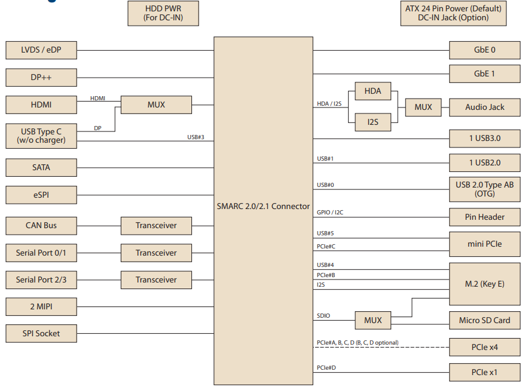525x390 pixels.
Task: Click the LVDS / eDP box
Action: [x=41, y=51]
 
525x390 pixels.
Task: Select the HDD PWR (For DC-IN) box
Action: [x=163, y=13]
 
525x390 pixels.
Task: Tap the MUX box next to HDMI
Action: [x=156, y=105]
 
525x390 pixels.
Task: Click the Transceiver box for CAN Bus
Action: [x=156, y=226]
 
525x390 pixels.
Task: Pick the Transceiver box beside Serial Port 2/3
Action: [x=156, y=280]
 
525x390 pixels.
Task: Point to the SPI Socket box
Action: [x=41, y=333]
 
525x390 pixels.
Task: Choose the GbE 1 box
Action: [x=484, y=73]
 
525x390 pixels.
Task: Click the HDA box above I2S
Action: [x=373, y=91]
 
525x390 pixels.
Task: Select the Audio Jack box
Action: [x=484, y=107]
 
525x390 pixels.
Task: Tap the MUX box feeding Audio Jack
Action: [x=423, y=107]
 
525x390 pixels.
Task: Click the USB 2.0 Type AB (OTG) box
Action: [x=484, y=189]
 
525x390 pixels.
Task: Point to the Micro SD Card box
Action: [x=484, y=320]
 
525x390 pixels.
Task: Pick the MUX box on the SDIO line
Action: [x=373, y=320]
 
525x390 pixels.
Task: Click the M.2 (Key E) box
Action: [x=484, y=284]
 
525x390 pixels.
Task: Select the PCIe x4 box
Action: [x=484, y=347]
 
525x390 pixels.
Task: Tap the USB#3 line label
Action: [x=196, y=137]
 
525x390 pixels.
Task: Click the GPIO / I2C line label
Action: [x=330, y=213]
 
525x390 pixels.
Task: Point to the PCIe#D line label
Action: [x=326, y=367]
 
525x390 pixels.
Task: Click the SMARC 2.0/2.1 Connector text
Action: [x=263, y=206]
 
